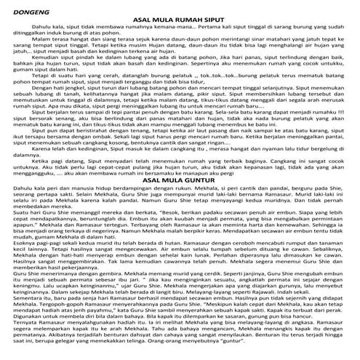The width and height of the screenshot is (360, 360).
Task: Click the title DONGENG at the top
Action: pos(22,10)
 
